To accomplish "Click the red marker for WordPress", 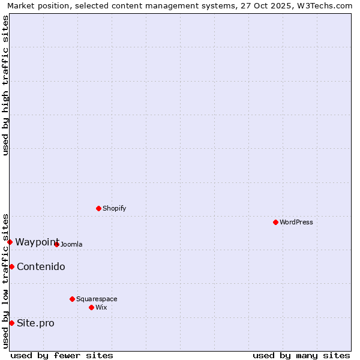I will click(x=275, y=222).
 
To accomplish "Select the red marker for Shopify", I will click(x=98, y=208).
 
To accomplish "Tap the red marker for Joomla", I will click(x=56, y=244).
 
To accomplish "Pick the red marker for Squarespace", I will click(x=72, y=299).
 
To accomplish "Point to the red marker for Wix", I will click(x=91, y=307).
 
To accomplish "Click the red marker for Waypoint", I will click(x=10, y=242).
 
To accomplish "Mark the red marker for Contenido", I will click(x=11, y=266).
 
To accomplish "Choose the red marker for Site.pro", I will click(x=11, y=323).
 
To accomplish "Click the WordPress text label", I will click(x=296, y=222).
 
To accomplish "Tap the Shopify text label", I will click(x=115, y=208).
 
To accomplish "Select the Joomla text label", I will click(x=71, y=244).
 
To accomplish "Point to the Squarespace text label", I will click(x=97, y=299).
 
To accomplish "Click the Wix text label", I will click(x=101, y=307).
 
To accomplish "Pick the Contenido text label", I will click(x=41, y=266).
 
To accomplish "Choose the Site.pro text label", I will click(x=35, y=323).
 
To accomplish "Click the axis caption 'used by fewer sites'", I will click(x=62, y=355).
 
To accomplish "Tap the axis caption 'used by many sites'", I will click(x=301, y=355).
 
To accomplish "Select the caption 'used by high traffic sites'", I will click(x=5, y=85).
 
